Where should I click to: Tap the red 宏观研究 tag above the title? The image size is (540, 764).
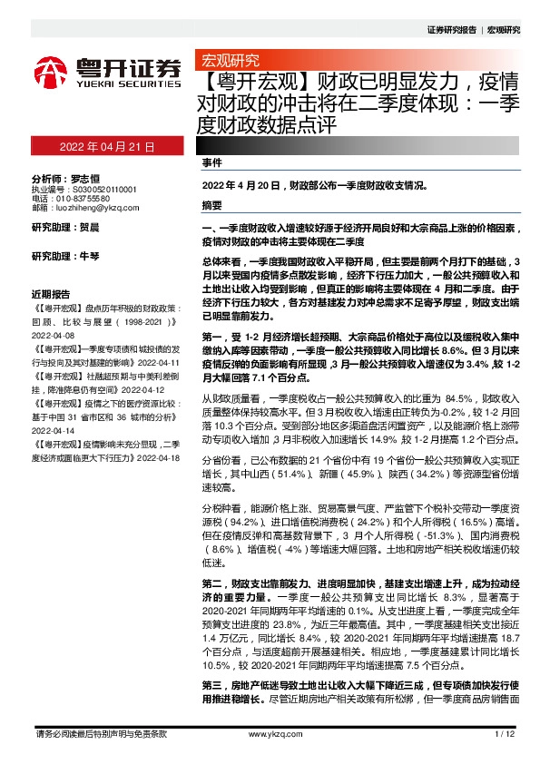coord(228,61)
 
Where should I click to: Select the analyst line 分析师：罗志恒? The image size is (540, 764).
coord(64,179)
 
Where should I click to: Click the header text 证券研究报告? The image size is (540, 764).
coord(451,30)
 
